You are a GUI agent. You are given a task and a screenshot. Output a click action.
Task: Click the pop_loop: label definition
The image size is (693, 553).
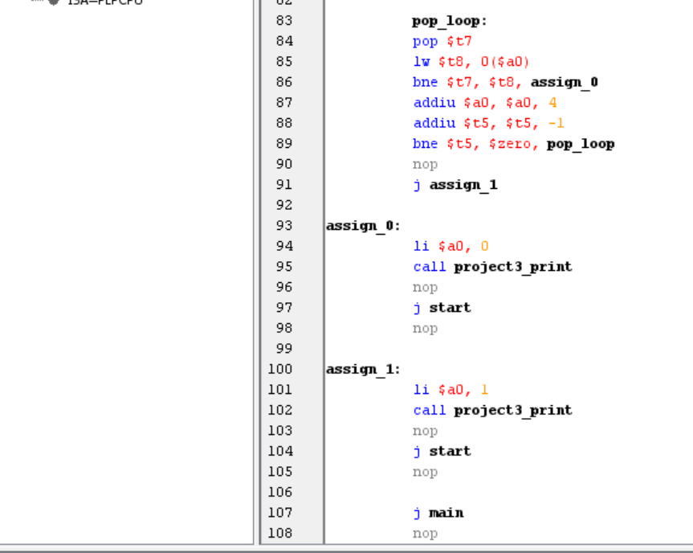[x=449, y=21]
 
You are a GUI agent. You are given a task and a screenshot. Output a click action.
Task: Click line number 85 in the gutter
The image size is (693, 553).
[x=284, y=62]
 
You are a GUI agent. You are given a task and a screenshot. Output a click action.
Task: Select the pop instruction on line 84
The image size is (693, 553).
[x=425, y=42]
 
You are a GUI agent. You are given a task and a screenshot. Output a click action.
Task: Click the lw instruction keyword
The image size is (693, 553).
[x=422, y=62]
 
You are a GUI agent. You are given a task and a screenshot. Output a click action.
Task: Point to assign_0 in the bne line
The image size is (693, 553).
[x=564, y=82]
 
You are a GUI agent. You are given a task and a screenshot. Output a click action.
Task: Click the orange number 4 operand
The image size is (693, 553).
[x=552, y=103]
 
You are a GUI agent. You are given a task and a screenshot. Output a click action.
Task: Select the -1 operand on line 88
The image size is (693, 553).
[x=556, y=123]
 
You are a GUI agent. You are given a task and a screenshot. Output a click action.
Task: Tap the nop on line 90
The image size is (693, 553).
[x=425, y=165]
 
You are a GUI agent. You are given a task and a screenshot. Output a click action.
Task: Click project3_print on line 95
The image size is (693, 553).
[x=512, y=267]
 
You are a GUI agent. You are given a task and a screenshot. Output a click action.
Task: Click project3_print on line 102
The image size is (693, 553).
[x=512, y=411]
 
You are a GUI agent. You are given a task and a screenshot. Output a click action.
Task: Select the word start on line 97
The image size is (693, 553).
[x=450, y=308]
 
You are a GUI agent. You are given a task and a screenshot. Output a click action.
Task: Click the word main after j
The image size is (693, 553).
[x=446, y=513]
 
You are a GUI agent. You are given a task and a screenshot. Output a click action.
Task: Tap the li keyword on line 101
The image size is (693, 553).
[x=421, y=390]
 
